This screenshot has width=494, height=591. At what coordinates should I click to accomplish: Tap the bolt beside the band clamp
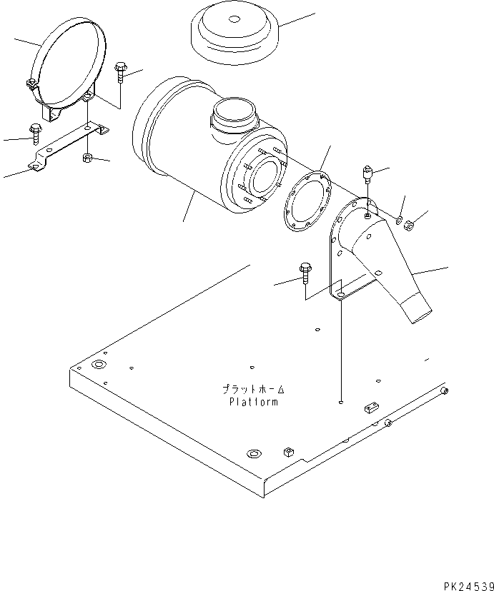(120, 71)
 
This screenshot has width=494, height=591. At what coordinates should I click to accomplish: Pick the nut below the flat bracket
(87, 157)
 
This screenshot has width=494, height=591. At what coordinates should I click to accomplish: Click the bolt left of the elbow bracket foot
(305, 271)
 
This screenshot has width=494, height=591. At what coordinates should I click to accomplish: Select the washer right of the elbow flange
(398, 221)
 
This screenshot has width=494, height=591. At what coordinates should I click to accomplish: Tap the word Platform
(254, 402)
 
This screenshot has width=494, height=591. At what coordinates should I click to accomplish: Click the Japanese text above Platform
(253, 390)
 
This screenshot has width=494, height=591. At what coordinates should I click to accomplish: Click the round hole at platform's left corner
(98, 365)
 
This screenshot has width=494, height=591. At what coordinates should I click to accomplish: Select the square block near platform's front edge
(289, 451)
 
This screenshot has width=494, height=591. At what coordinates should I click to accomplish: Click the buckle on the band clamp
(32, 85)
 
